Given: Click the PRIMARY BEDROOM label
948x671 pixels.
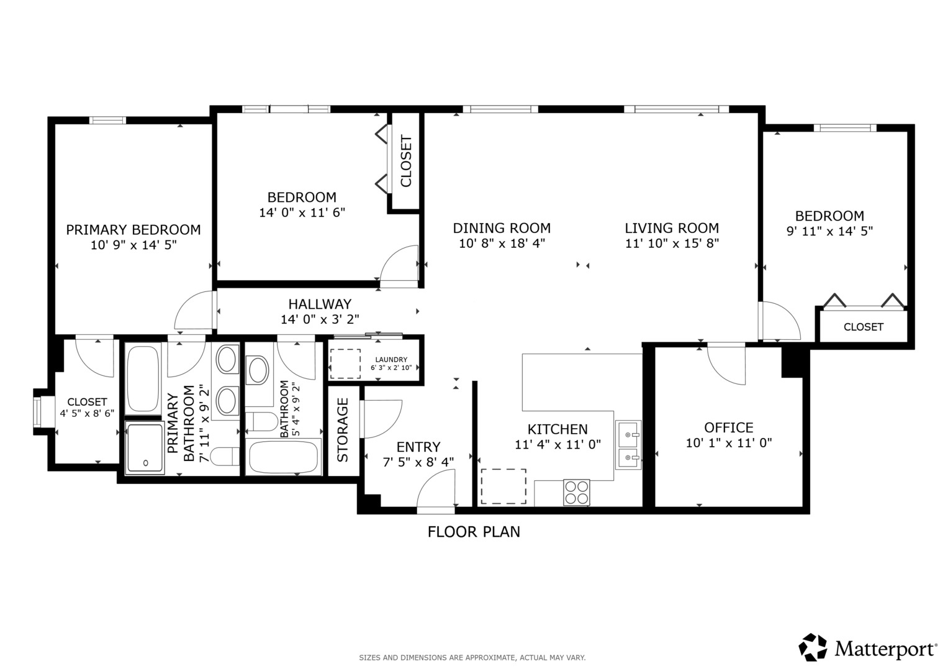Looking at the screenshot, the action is click(x=133, y=230).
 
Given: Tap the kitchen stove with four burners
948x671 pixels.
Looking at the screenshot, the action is click(x=577, y=492).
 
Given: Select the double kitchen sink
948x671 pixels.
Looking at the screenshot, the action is click(x=628, y=445).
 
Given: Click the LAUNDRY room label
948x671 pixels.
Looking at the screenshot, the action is click(x=391, y=360).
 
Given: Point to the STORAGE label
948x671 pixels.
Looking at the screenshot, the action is click(x=343, y=430).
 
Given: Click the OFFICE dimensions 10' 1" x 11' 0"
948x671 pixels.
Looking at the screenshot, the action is click(x=729, y=443).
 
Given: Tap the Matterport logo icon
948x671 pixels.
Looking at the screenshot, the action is click(x=813, y=647).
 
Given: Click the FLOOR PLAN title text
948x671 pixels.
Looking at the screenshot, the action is click(x=474, y=532).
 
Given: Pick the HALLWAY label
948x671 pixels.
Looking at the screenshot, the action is click(x=320, y=304).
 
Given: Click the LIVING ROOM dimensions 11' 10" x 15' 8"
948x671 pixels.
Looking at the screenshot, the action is click(x=672, y=244).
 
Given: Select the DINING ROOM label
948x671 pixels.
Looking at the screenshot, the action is click(x=502, y=228).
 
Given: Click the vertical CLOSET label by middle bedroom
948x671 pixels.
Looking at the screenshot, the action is click(x=406, y=161).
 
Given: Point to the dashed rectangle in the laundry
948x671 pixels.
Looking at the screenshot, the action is click(x=345, y=364).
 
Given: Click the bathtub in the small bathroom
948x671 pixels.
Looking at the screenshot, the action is click(x=284, y=458).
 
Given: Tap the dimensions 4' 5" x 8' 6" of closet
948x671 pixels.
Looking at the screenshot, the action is click(x=87, y=413).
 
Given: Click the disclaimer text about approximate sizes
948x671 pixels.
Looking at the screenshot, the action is click(x=472, y=657).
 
